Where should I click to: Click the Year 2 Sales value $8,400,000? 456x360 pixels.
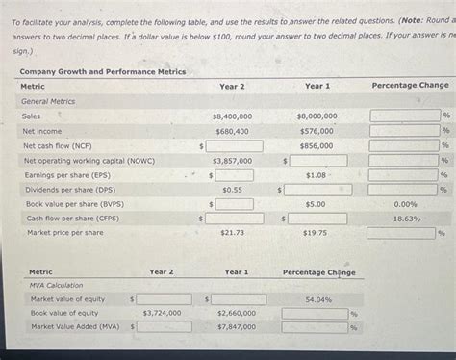point(232,116)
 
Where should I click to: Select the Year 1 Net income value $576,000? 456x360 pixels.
point(317,131)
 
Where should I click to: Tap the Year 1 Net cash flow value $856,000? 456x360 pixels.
point(317,146)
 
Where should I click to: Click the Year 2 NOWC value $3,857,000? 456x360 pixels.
point(232,161)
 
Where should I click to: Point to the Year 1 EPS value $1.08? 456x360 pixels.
point(316,176)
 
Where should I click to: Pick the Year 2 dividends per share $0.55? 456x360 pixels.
point(232,191)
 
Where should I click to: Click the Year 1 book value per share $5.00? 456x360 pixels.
point(316,205)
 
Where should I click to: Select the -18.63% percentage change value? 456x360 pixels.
point(406,219)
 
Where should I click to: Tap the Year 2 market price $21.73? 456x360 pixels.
point(232,234)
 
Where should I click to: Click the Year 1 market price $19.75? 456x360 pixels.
point(316,234)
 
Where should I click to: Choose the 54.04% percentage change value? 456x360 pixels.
point(318,299)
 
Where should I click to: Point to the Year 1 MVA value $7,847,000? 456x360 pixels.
point(237,327)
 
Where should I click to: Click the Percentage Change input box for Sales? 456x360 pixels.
point(404,116)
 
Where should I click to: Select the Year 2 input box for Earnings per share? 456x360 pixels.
point(235,176)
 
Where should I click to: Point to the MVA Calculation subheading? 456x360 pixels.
point(57,285)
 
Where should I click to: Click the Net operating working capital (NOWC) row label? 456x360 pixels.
point(89,161)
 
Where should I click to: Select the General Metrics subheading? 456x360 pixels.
point(48,101)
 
